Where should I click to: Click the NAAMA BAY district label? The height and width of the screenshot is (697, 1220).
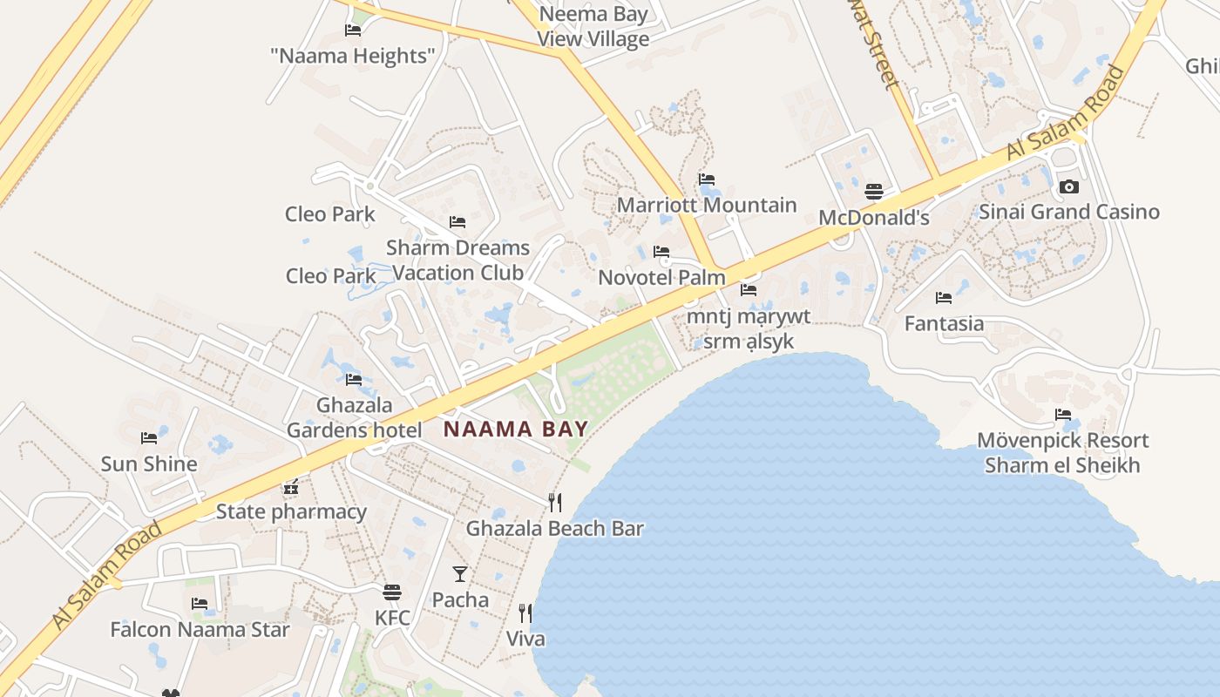point(516,429)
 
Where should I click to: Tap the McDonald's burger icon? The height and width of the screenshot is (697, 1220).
point(874,192)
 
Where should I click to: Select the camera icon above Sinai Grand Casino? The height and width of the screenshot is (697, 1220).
point(1069,186)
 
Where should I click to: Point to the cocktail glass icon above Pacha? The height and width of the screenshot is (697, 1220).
point(460,573)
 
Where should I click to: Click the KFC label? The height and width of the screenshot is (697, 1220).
point(392,618)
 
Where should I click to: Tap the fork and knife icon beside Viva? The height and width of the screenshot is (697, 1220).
point(525,612)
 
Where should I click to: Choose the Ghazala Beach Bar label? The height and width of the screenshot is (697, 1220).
point(554,528)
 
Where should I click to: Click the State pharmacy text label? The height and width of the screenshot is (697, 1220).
point(291,511)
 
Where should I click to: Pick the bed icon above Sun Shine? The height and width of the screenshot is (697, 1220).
point(149,437)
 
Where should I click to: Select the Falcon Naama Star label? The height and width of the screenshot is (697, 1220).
point(200,629)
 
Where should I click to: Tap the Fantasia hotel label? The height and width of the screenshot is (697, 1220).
point(944,323)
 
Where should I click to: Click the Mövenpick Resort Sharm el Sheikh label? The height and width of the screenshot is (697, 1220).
point(1062,452)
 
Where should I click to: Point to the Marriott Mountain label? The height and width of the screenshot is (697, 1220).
point(707,206)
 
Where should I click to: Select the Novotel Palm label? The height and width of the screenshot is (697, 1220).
point(661,278)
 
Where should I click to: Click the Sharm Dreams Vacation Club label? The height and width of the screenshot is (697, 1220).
point(457,261)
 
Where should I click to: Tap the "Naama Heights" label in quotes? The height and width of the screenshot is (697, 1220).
point(353,57)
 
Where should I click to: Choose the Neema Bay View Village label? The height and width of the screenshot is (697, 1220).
point(593,26)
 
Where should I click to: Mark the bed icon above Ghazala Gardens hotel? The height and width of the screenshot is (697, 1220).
point(354,379)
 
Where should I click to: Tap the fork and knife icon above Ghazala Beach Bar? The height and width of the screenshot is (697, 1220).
point(554,502)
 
